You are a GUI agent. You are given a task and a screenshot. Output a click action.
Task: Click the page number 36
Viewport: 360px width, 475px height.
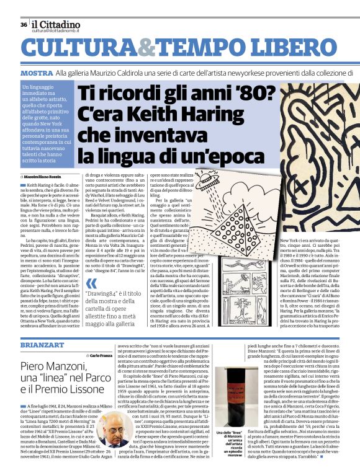pyautogui.click(x=23, y=25)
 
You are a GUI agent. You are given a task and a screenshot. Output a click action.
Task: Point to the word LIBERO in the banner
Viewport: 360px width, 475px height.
pyautogui.click(x=304, y=51)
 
